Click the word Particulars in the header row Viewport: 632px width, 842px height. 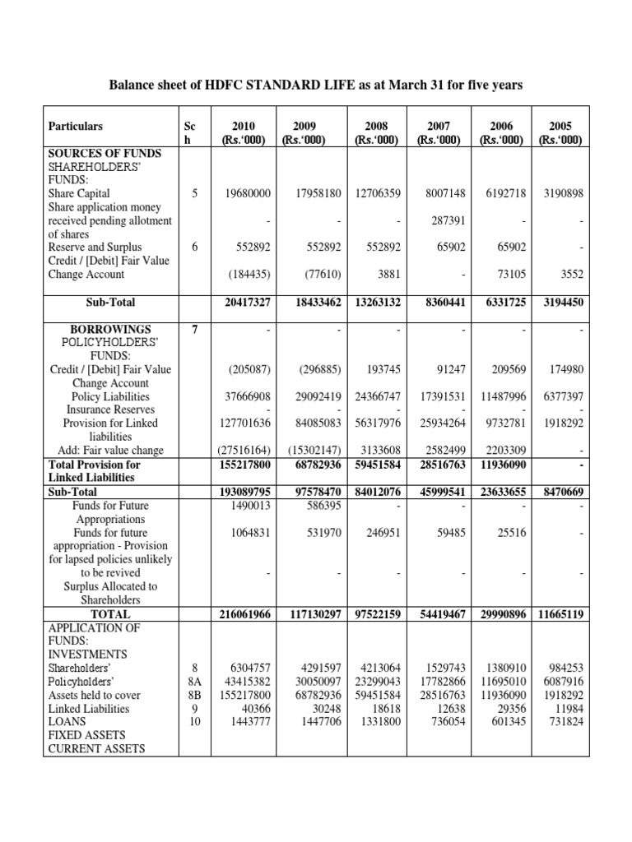tap(76, 126)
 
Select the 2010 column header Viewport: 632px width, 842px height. tap(244, 132)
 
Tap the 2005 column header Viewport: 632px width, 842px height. tap(560, 132)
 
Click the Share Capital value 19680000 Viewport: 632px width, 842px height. tap(248, 193)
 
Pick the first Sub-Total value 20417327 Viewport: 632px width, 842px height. tap(247, 302)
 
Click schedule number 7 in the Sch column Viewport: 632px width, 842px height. tap(194, 329)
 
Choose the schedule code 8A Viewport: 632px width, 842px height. tap(194, 682)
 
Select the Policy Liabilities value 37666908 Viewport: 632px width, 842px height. tap(248, 396)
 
